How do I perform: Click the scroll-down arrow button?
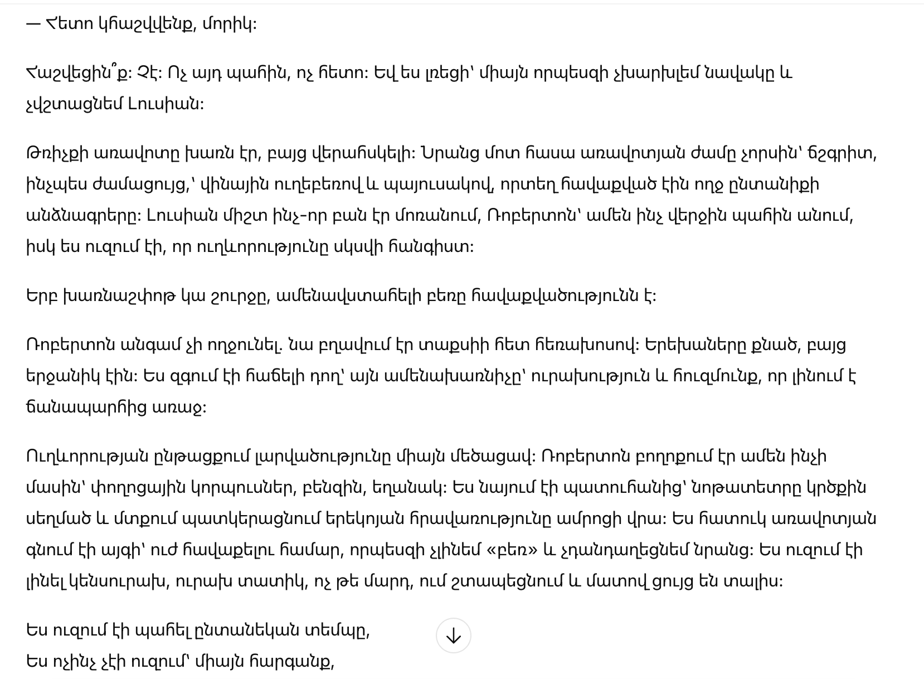[453, 636]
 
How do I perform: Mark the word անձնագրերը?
[81, 216]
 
